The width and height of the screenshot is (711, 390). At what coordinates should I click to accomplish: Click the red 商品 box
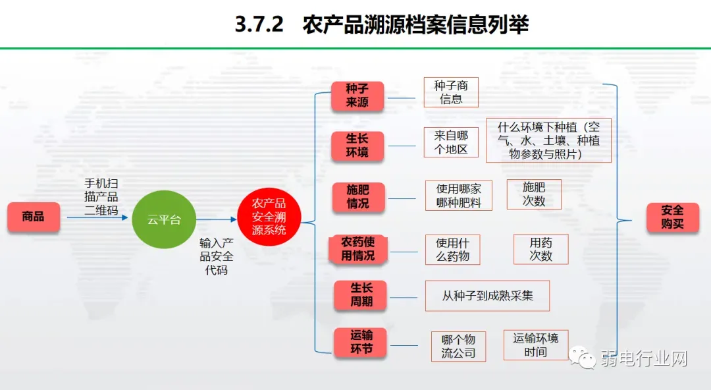(34, 217)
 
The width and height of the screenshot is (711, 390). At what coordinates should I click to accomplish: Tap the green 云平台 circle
(164, 219)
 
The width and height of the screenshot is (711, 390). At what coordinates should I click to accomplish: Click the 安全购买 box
(672, 217)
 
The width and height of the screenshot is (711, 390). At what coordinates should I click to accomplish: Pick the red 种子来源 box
(357, 96)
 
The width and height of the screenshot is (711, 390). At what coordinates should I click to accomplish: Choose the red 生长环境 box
(357, 146)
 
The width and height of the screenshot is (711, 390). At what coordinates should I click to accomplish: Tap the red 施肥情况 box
(358, 196)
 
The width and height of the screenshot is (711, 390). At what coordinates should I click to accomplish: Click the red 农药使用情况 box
(358, 248)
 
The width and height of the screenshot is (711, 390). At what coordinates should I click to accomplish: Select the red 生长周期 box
(361, 295)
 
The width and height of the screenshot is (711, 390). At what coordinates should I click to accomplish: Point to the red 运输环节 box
(361, 343)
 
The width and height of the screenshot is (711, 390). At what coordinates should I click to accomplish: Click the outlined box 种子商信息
(451, 92)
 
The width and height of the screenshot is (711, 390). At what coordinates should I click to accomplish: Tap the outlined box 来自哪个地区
(451, 142)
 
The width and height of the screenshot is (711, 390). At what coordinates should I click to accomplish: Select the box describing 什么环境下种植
(548, 140)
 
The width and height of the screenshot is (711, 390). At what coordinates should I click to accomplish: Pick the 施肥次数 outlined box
(534, 194)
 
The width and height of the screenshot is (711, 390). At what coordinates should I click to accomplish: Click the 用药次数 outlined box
(540, 249)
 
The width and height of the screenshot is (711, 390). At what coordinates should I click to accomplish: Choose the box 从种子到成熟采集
(487, 296)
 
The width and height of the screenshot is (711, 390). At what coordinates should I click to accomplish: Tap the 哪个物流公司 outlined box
(458, 347)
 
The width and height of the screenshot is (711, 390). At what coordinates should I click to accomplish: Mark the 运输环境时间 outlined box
(535, 345)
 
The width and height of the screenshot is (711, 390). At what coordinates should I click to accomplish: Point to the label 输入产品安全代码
(217, 256)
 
